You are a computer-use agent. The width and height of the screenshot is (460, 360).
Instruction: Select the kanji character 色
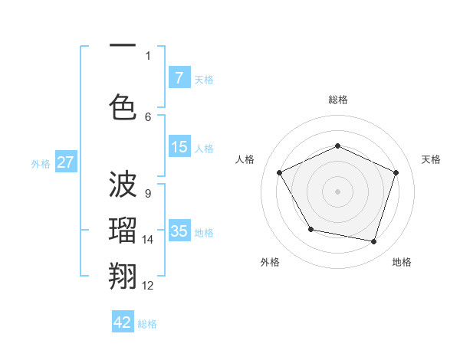(123, 106)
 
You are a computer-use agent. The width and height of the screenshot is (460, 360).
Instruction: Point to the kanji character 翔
(123, 274)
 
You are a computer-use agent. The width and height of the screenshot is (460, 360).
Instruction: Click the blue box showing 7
(179, 78)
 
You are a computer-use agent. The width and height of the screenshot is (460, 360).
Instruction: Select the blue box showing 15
(179, 147)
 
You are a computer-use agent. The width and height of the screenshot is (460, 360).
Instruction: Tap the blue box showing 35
(179, 231)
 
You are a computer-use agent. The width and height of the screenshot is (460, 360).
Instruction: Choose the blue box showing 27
(66, 162)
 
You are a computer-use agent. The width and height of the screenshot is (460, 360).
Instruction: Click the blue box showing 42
(123, 322)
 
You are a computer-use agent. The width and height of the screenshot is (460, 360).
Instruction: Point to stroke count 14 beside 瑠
(148, 240)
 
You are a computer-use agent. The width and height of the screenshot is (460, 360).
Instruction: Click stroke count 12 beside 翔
(148, 286)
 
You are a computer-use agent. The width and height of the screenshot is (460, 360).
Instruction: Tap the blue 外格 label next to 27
(41, 163)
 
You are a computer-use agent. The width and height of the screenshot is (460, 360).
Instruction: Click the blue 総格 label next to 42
(147, 324)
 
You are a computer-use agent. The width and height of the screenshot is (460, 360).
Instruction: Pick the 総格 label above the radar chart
(338, 100)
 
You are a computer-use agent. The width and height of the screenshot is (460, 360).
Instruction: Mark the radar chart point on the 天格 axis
(396, 172)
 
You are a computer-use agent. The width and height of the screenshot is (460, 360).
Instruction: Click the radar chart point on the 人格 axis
(280, 172)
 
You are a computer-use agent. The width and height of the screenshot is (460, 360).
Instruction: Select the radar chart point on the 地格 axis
(373, 241)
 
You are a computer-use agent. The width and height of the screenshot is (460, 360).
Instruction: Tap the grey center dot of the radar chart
(338, 191)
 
